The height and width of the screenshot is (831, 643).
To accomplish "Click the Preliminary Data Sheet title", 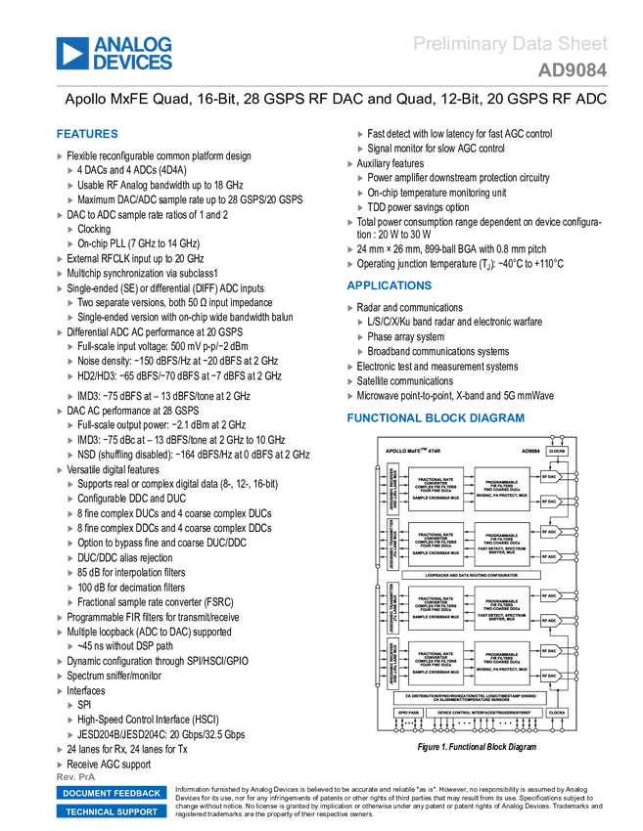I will click(x=510, y=44).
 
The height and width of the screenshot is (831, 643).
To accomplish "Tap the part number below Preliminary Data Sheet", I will click(x=573, y=70).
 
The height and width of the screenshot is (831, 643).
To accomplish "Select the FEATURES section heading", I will click(x=87, y=135).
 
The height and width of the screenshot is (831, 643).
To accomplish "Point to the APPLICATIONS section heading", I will click(x=389, y=286).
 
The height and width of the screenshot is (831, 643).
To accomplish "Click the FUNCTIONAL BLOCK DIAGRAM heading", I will click(x=436, y=417).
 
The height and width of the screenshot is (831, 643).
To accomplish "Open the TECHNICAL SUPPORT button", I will click(x=112, y=811).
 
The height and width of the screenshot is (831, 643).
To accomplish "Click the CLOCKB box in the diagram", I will click(x=557, y=452).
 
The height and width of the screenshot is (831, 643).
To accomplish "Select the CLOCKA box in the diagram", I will click(x=557, y=713).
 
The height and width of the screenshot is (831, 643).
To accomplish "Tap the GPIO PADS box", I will click(x=407, y=713).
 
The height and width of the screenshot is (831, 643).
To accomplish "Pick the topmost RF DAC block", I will click(x=550, y=477).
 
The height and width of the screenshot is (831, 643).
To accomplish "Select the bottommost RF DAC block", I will click(x=550, y=676).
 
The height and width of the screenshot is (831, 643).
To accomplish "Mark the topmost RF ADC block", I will click(x=550, y=533).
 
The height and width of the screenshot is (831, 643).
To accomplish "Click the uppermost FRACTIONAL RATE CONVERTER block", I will click(x=434, y=489).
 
